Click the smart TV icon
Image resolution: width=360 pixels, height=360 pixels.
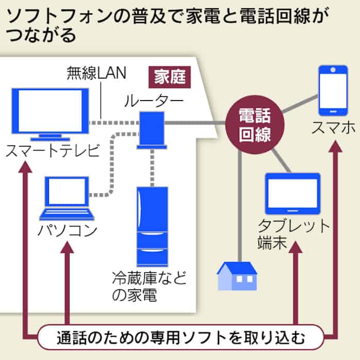[50, 113]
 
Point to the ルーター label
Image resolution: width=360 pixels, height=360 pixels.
[153, 101]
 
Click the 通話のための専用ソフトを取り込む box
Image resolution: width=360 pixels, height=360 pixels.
[180, 339]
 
